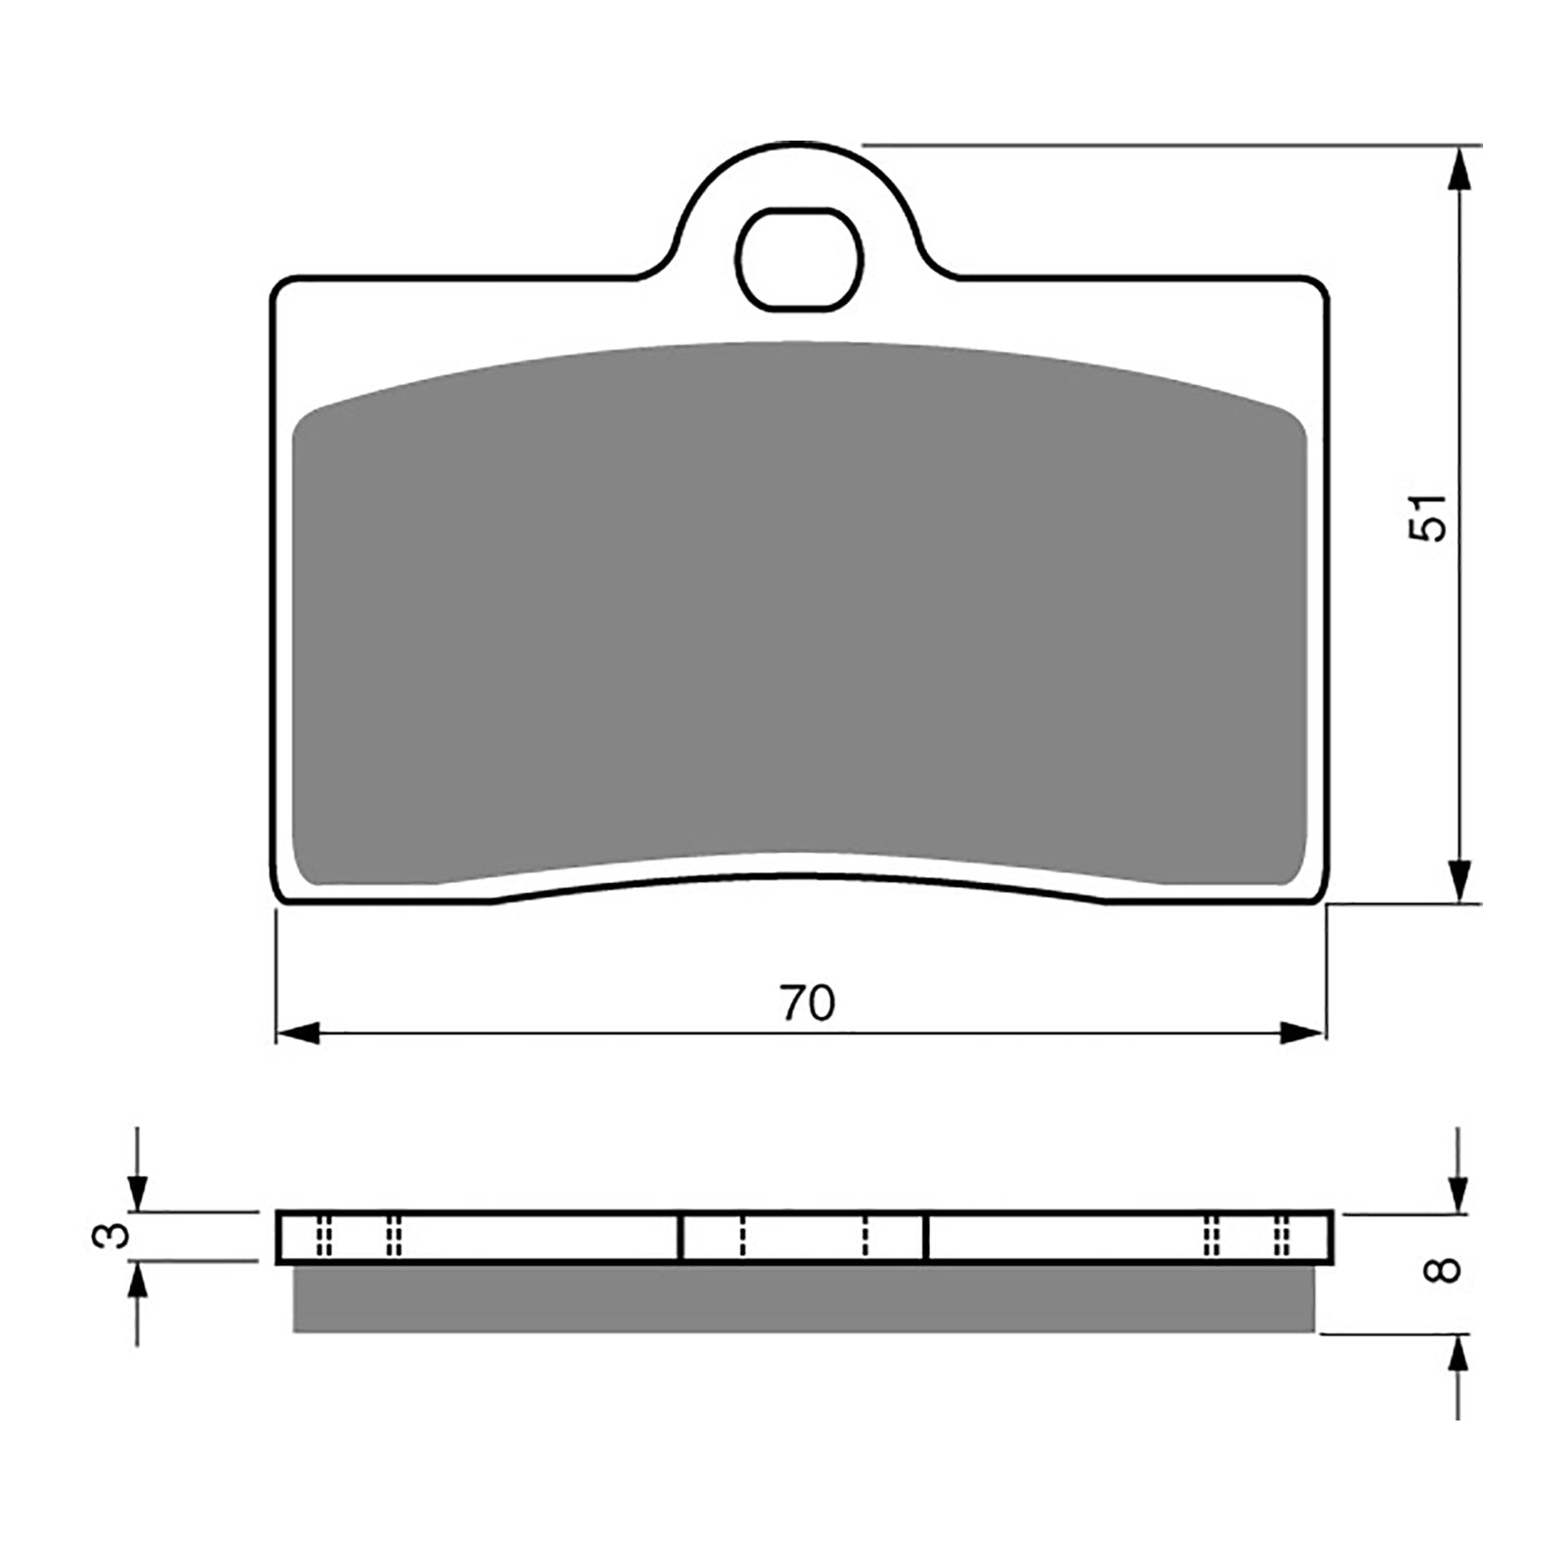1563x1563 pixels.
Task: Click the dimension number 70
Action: (x=808, y=1003)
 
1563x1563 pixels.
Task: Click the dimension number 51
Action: (x=1426, y=517)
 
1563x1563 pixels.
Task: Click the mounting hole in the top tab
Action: (x=799, y=260)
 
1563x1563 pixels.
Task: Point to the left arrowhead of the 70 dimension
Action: (x=297, y=1033)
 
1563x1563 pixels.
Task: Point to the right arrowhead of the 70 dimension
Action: (x=1303, y=1033)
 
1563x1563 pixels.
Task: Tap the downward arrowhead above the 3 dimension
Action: (x=138, y=1193)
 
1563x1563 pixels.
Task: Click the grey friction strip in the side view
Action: (x=803, y=1298)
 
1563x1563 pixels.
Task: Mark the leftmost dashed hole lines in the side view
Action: (x=325, y=1237)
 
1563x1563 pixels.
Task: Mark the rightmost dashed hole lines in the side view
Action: (x=1282, y=1237)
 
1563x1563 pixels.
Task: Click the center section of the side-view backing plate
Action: (x=802, y=1237)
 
